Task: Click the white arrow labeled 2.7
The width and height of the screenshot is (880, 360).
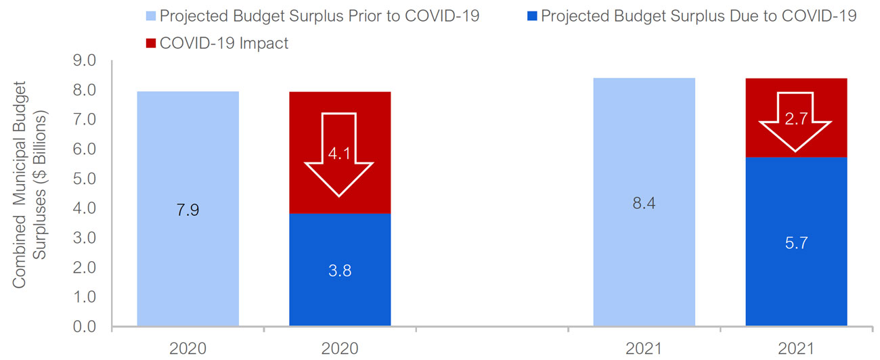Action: click(795, 132)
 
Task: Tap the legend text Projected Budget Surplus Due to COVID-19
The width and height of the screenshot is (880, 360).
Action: click(699, 16)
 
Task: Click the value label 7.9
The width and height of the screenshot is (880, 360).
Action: click(188, 210)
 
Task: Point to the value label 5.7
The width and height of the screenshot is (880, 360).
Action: click(796, 242)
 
